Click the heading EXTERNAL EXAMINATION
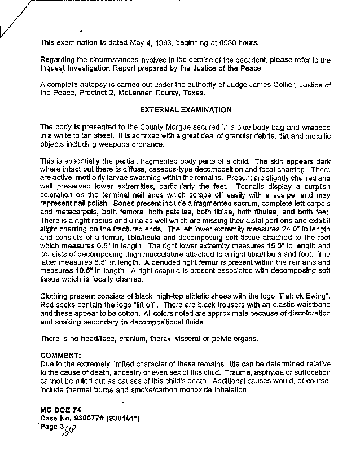click(x=178, y=109)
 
